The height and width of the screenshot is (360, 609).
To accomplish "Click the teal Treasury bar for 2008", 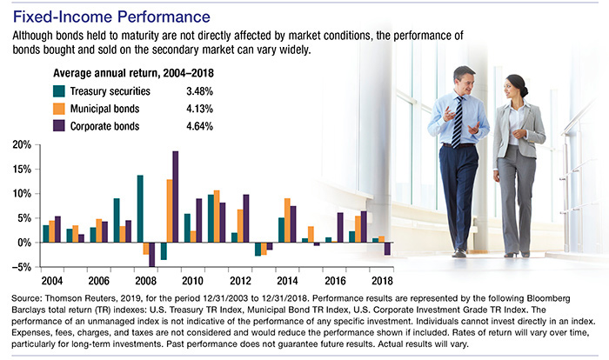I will point(139,209).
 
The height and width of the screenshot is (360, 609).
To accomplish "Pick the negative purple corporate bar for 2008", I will point(152,254).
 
